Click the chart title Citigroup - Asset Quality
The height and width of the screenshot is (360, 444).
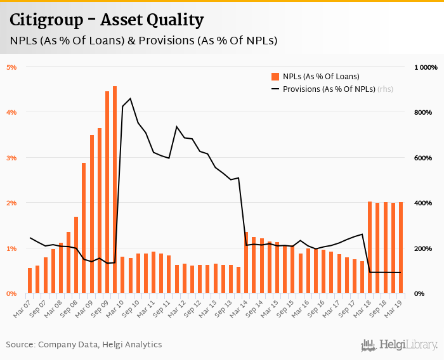[107, 20]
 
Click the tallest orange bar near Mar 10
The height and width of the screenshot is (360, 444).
[115, 190]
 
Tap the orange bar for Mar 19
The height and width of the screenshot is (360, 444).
[400, 248]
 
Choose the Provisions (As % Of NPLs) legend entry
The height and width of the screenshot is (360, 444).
[329, 89]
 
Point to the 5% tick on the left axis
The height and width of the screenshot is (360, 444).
[12, 67]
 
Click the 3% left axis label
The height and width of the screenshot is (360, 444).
[12, 158]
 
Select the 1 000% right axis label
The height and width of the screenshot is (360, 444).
[426, 67]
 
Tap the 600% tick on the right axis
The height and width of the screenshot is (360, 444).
[423, 158]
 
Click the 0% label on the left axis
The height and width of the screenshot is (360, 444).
[12, 294]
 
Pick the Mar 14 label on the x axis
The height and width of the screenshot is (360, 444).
[240, 307]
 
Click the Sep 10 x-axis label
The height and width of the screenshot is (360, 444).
[133, 307]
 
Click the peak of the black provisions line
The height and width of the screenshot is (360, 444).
[130, 98]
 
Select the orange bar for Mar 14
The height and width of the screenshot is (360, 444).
[246, 263]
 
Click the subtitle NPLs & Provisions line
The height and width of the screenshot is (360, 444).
[143, 41]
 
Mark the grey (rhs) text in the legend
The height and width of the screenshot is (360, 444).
[385, 89]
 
